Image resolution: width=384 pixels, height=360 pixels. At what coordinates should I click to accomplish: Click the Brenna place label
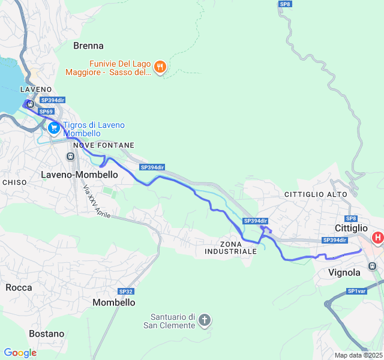coord(88,46)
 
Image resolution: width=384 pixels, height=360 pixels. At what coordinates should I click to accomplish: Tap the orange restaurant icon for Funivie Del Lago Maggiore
coord(160,68)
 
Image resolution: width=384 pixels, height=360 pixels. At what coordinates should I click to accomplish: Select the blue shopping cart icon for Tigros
coord(54,128)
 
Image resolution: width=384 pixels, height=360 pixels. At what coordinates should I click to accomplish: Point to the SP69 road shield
coord(46,112)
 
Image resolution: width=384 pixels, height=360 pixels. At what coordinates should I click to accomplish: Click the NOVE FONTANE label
coord(103,146)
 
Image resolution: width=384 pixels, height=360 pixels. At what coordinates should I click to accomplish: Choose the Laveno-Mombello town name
coord(79,174)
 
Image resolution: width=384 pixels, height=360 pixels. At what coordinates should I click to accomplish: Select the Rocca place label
coord(19,287)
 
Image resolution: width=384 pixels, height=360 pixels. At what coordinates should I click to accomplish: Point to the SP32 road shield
coord(125,292)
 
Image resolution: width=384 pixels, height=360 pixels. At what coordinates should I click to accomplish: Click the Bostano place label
coord(46,334)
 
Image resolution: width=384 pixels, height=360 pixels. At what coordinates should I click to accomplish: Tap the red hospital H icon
coord(377,238)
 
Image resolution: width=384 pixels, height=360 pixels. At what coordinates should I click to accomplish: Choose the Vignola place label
coord(344,272)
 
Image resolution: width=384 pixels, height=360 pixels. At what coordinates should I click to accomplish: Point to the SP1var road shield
coord(356,292)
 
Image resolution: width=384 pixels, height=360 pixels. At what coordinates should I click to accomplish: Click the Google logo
coord(20,353)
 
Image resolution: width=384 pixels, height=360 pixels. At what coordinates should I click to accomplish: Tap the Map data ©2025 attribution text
coord(357,355)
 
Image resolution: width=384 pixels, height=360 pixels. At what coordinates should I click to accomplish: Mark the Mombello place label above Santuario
coord(114,303)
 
